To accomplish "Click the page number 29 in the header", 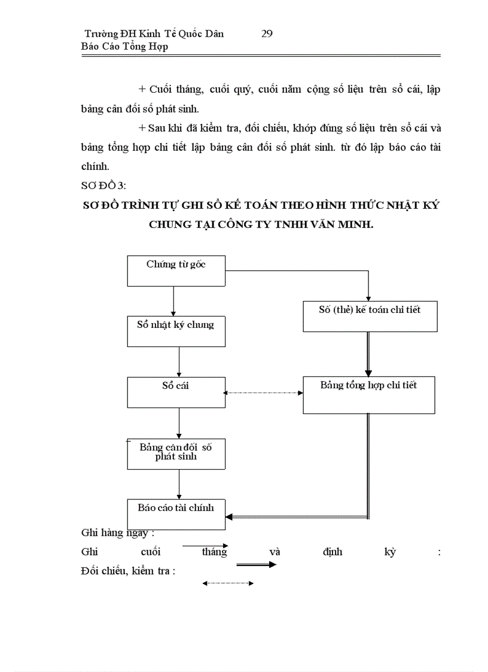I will point(267,34).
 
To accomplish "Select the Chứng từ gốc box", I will point(176,270).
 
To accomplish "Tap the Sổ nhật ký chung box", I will point(176,331).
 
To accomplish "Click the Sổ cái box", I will point(176,392).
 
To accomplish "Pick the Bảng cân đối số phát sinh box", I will point(176,454).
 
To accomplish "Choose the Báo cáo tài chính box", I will point(176,513).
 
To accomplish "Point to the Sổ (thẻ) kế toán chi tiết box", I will point(370,316).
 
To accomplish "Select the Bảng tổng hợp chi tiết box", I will point(368,394).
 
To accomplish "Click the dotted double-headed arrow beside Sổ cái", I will point(263,393).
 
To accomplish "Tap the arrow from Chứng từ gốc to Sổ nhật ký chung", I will point(173,300).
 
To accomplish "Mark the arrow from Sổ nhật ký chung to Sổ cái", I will point(179,361).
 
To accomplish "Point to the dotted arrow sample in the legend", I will point(228,583).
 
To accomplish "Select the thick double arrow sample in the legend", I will point(256,565).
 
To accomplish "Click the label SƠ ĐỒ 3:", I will point(103,186).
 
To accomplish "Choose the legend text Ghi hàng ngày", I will point(118,533).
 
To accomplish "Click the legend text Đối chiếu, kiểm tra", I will point(127,571).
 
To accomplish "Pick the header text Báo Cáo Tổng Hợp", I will point(124,47).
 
